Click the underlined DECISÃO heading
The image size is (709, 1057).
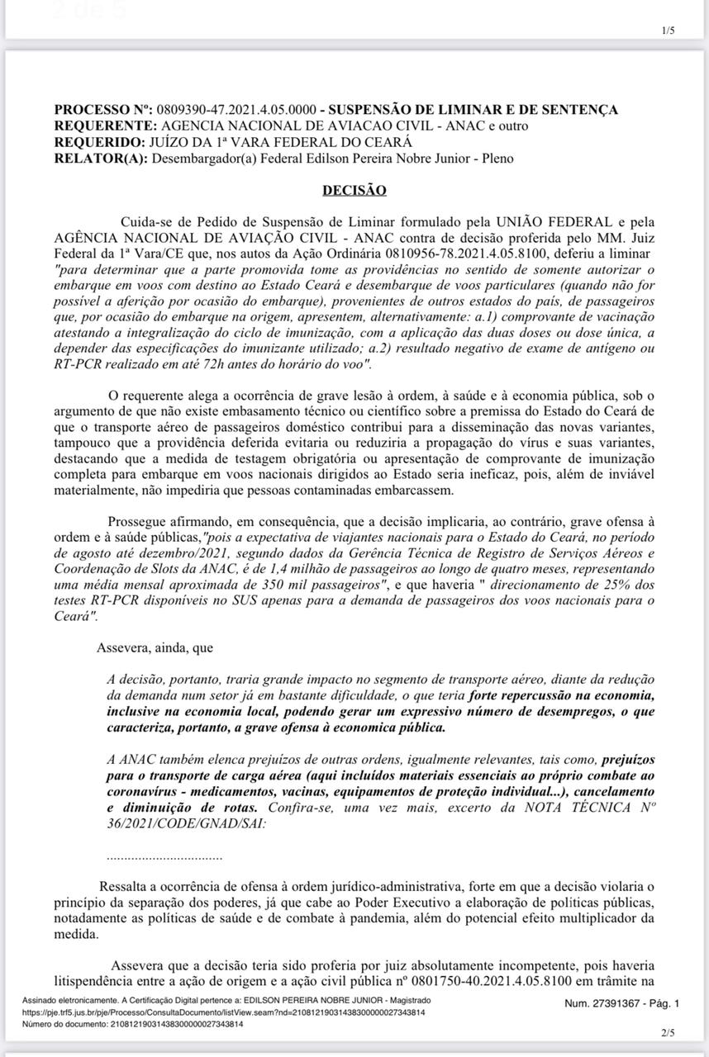354,190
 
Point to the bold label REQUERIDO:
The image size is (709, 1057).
102,142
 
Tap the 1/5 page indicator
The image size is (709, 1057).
669,31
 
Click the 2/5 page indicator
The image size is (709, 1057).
669,1032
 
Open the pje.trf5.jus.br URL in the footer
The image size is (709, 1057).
223,1012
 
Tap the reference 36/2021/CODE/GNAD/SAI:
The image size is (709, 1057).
187,823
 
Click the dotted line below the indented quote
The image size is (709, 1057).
164,857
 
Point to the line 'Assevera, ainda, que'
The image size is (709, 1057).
155,648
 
